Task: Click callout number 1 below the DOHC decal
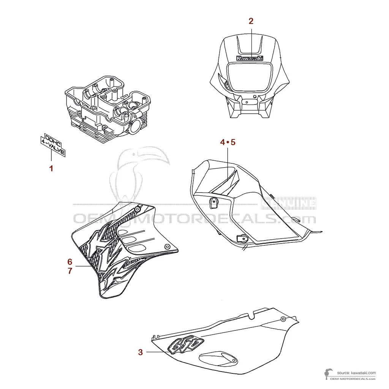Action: pos(51,168)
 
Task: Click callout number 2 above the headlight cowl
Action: pos(251,21)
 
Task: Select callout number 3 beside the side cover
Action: pos(140,353)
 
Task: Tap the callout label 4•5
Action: pos(228,142)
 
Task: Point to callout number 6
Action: pos(70,262)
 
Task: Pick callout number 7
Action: pos(70,272)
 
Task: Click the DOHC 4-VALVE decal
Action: pos(53,145)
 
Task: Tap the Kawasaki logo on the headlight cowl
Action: pos(250,59)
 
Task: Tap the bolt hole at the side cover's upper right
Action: pos(283,319)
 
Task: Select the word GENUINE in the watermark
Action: pos(289,204)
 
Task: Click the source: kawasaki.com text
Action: pos(356,373)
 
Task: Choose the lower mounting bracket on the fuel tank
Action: pos(241,238)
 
